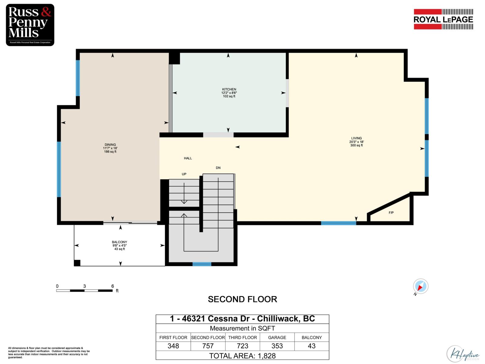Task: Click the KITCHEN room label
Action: click(x=229, y=89)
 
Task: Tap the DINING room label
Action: click(x=110, y=145)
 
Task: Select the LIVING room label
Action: click(x=356, y=138)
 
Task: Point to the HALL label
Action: click(x=188, y=158)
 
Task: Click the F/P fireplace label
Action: click(x=391, y=213)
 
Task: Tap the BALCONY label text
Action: click(x=119, y=242)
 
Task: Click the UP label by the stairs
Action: click(x=184, y=174)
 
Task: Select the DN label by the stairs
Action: click(x=218, y=168)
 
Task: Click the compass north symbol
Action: click(x=420, y=286)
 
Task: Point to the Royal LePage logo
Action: click(x=443, y=19)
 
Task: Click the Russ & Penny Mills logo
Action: click(x=30, y=25)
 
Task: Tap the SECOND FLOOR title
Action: click(x=242, y=299)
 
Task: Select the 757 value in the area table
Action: click(x=208, y=346)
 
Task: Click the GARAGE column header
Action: click(x=277, y=338)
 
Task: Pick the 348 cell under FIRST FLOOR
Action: click(x=173, y=346)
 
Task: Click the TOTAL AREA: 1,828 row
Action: click(x=242, y=356)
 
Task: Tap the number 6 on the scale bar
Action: click(x=112, y=286)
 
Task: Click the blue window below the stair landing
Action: click(x=202, y=264)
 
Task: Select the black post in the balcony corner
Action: click(x=77, y=263)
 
